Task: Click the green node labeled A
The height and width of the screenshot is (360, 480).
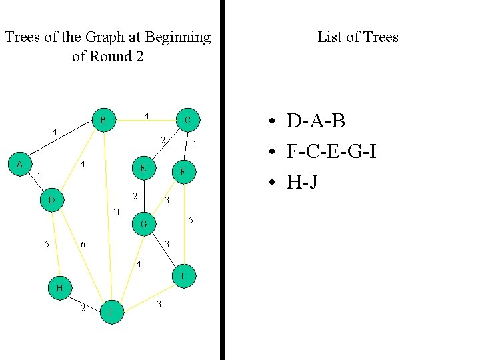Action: point(20,165)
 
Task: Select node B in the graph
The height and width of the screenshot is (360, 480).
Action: point(103,121)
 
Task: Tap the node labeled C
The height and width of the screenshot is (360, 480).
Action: point(187,121)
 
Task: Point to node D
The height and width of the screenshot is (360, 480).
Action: point(51,200)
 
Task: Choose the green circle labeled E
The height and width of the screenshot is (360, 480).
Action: point(143,169)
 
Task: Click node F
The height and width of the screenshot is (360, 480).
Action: point(183,173)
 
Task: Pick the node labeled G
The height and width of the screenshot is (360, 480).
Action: point(143,225)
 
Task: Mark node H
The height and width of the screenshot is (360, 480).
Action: point(59,288)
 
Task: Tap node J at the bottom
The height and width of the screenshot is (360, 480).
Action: point(111,311)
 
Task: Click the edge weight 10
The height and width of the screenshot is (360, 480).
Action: point(117,213)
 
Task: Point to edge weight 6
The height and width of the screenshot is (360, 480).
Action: point(83,245)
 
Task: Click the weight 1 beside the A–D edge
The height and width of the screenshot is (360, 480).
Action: point(39,177)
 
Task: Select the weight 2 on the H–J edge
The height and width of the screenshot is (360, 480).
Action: point(83,308)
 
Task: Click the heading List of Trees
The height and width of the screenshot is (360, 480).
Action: point(357,37)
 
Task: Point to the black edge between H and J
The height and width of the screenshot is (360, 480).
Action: point(85,299)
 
